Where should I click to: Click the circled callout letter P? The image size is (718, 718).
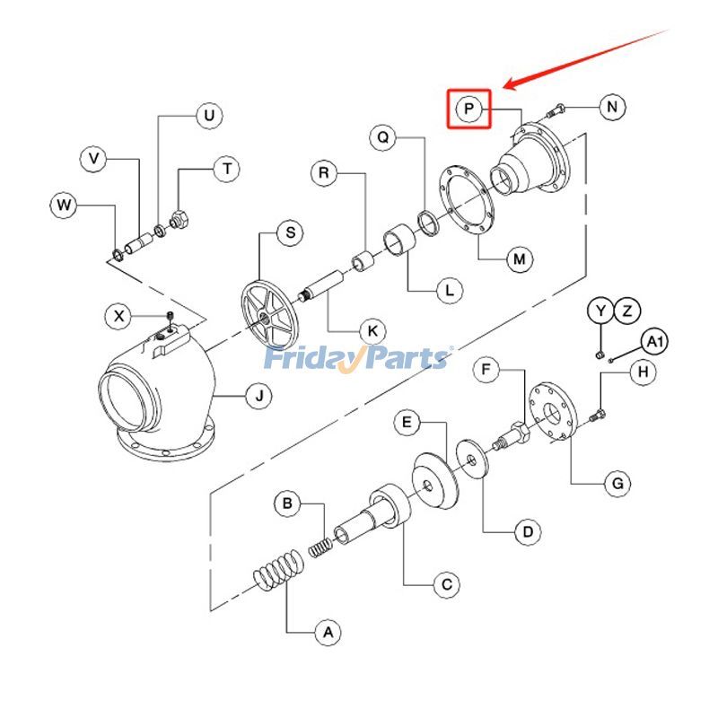click(x=468, y=109)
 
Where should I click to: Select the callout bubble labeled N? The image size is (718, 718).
click(x=612, y=108)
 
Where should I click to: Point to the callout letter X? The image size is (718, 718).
click(x=118, y=316)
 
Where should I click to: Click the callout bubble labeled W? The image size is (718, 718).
click(x=64, y=206)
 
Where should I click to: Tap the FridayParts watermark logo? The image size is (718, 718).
click(x=357, y=357)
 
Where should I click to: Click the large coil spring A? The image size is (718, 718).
click(x=276, y=572)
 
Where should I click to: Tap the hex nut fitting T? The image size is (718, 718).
click(x=178, y=218)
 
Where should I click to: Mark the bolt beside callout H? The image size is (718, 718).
click(x=600, y=413)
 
